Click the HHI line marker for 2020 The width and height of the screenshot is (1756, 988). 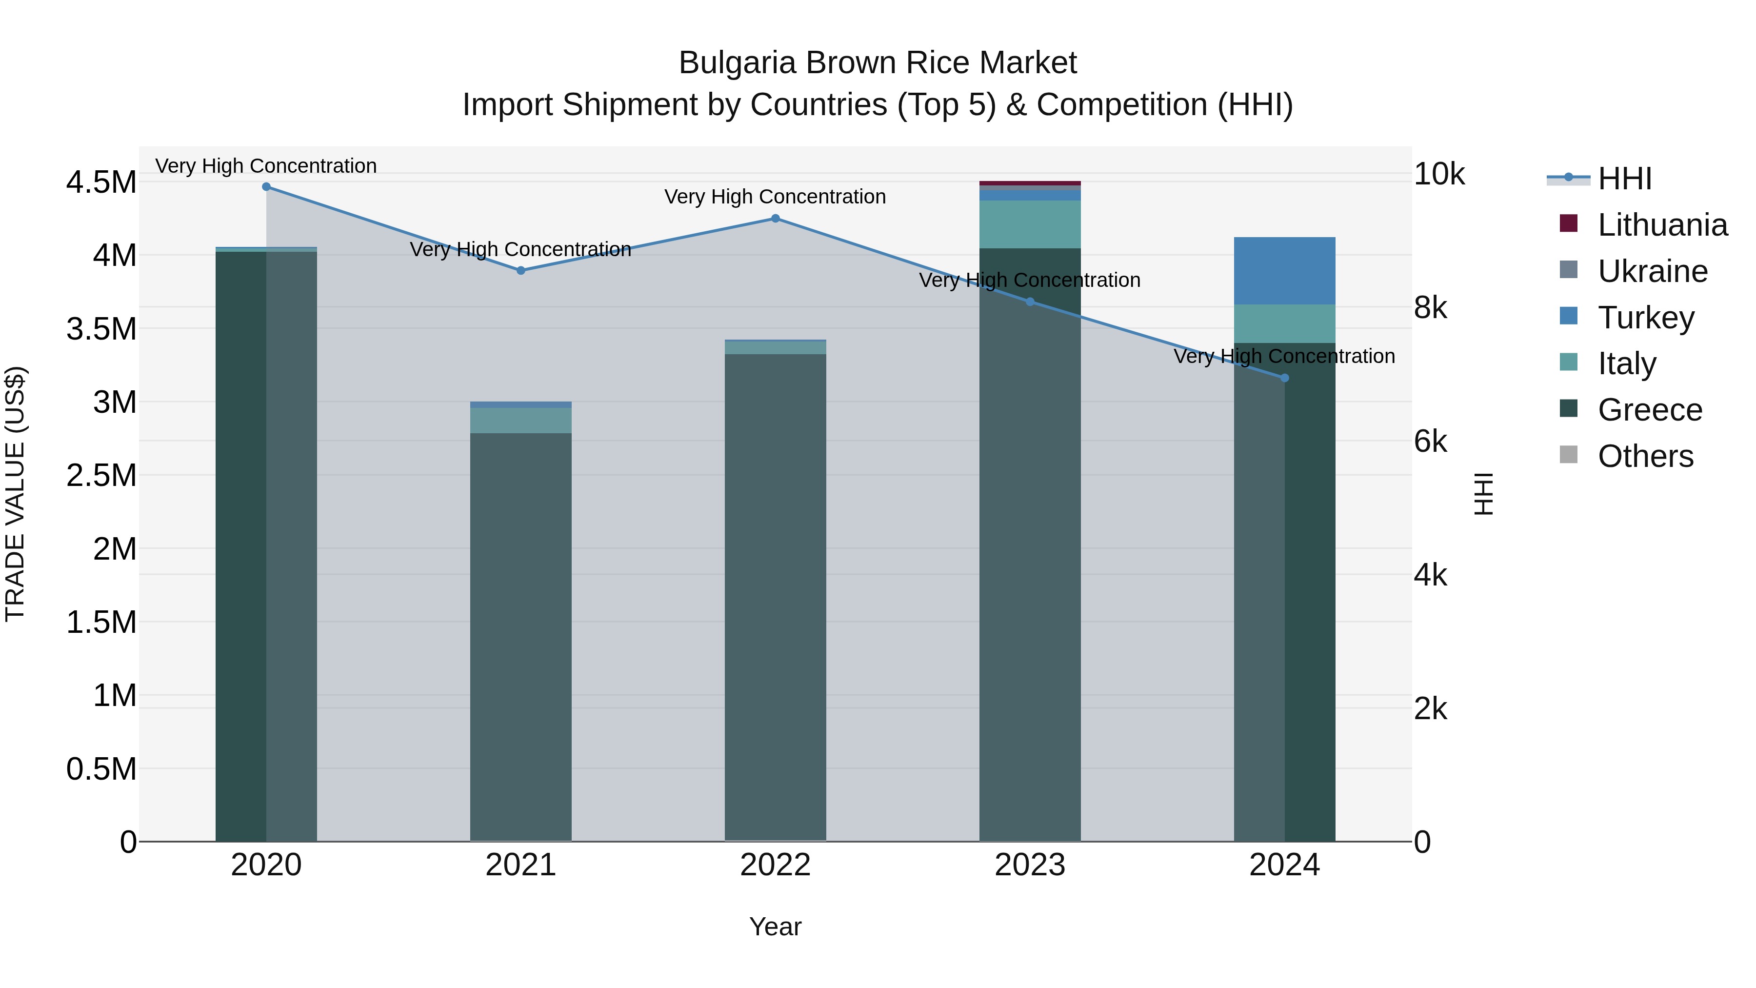pyautogui.click(x=266, y=187)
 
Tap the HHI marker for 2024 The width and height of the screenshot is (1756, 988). pyautogui.click(x=1284, y=378)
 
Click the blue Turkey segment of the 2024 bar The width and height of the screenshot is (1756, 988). pyautogui.click(x=1284, y=271)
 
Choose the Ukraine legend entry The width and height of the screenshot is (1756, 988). pyautogui.click(x=1653, y=271)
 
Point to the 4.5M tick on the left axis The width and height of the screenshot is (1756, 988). pyautogui.click(x=101, y=183)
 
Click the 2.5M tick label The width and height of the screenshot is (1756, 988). pyautogui.click(x=101, y=475)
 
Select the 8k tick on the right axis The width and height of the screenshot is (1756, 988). pyautogui.click(x=1430, y=308)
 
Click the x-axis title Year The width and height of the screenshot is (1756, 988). pyautogui.click(x=775, y=927)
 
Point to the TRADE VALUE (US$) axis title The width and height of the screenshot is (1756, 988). pyautogui.click(x=15, y=494)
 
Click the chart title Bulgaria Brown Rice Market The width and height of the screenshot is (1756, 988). pyautogui.click(x=878, y=63)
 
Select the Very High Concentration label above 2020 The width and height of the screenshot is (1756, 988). pyautogui.click(x=266, y=166)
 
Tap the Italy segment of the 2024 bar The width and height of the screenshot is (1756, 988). pyautogui.click(x=1284, y=323)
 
